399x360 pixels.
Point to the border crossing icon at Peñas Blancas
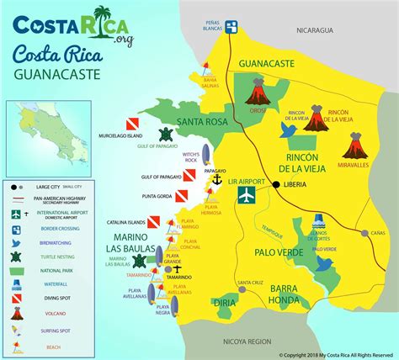(232, 25)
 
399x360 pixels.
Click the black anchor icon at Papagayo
(215, 180)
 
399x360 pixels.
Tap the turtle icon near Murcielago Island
(165, 135)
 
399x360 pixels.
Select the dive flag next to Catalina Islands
(154, 222)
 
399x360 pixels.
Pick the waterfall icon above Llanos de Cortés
(319, 221)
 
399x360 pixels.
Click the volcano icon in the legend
(15, 312)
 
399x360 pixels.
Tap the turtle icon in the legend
(15, 256)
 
